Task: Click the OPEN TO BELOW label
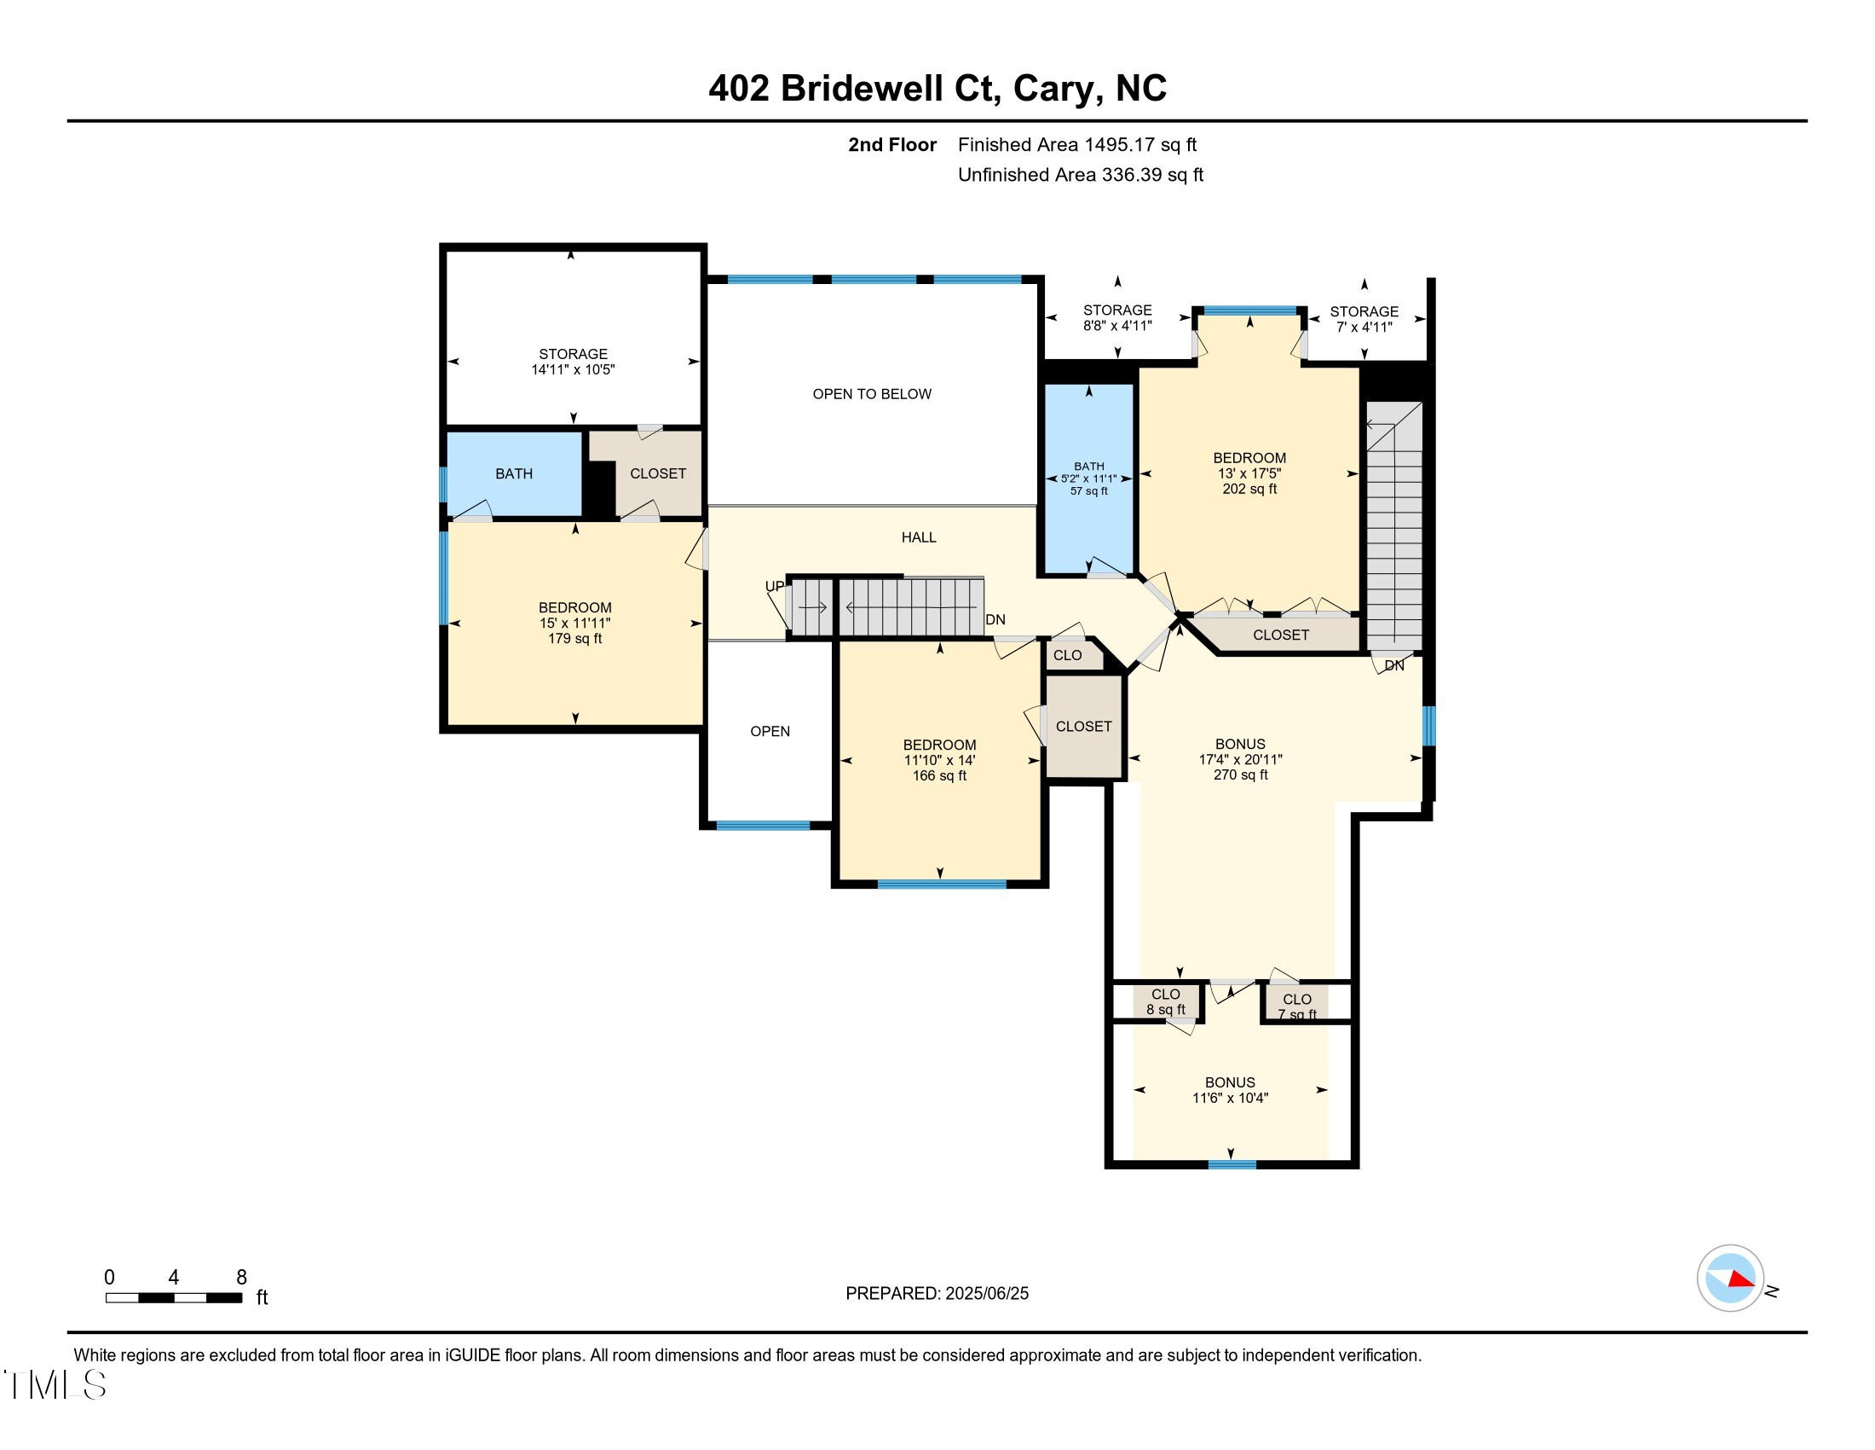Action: [x=871, y=394]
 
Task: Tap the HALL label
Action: [x=919, y=537]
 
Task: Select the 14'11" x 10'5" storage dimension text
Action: [x=573, y=369]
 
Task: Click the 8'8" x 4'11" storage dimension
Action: [x=1117, y=326]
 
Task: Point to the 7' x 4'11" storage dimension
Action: [x=1364, y=328]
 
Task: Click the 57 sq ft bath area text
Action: [x=1088, y=491]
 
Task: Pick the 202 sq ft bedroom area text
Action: [x=1249, y=489]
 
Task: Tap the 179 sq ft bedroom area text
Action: [x=574, y=638]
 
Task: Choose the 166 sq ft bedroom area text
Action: [x=939, y=775]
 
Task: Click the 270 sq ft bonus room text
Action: [x=1240, y=774]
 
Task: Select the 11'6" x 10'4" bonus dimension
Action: [x=1229, y=1098]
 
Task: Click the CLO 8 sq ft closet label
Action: [x=1165, y=1001]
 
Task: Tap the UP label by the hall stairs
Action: [x=775, y=587]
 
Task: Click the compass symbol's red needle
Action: [x=1741, y=1279]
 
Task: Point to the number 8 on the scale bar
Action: [x=241, y=1278]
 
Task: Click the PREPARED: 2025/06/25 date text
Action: [x=937, y=1294]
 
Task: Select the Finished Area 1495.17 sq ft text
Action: [x=1076, y=145]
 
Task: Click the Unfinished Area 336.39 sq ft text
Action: [x=1080, y=175]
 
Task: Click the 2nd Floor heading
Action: [x=892, y=145]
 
